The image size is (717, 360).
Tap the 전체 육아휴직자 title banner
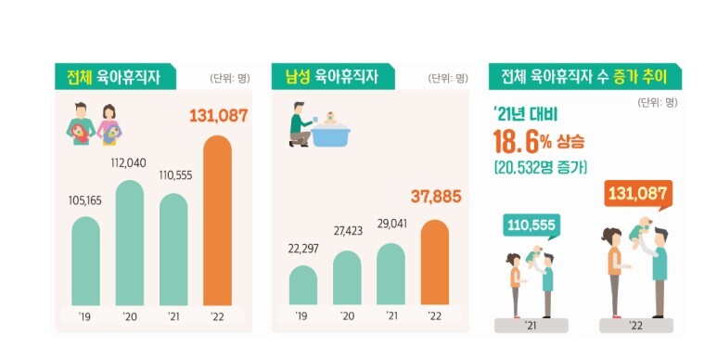point(108,77)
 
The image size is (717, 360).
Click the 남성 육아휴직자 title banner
point(333,77)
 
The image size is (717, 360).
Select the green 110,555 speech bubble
point(532,225)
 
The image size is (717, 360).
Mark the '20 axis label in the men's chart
point(347,316)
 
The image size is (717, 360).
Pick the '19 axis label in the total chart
point(85,316)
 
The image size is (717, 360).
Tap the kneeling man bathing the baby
point(301,128)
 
